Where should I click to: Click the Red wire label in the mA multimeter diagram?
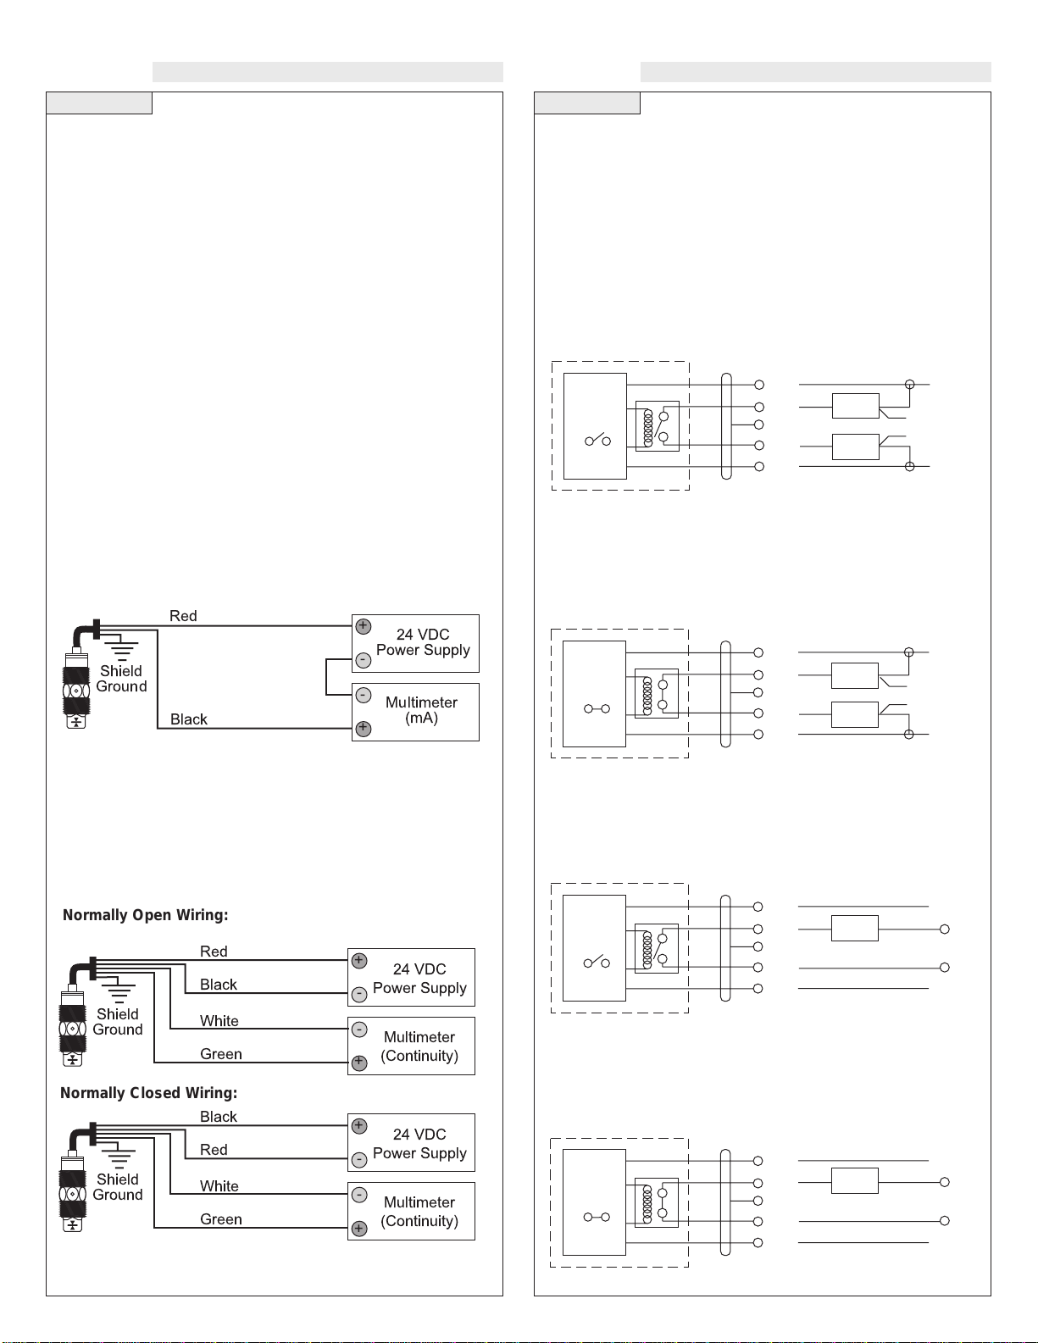[x=184, y=616]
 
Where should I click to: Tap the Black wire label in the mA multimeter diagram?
[x=189, y=719]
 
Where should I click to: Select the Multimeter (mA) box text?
[x=421, y=710]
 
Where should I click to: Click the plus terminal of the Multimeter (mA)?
[x=364, y=729]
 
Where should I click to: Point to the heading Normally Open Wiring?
[x=145, y=915]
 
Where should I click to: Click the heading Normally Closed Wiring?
[x=149, y=1093]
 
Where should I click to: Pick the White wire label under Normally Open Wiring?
[x=219, y=1021]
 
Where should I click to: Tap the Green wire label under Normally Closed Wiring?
[x=220, y=1219]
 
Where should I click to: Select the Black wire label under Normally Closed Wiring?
[x=218, y=1117]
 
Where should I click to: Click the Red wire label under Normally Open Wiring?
[x=214, y=952]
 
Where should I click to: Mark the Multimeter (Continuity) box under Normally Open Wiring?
[x=412, y=1046]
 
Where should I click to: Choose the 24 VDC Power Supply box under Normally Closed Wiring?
[x=412, y=1142]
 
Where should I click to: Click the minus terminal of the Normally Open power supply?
[x=359, y=995]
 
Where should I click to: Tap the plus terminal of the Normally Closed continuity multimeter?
[x=359, y=1229]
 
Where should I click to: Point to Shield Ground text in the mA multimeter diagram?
[x=122, y=679]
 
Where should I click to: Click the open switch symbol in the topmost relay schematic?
[x=597, y=440]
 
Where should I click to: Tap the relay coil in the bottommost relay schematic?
[x=647, y=1203]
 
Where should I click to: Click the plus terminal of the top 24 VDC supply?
[x=364, y=626]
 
